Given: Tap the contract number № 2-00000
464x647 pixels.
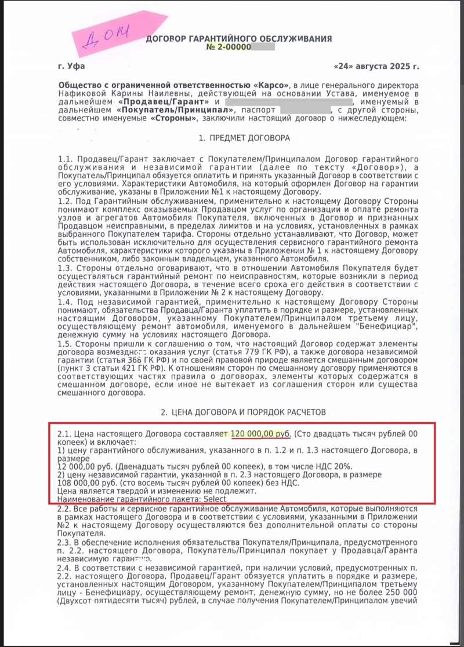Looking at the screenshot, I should pyautogui.click(x=228, y=46).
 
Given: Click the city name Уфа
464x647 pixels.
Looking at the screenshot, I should pyautogui.click(x=77, y=67).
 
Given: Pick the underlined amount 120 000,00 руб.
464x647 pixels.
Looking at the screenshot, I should pyautogui.click(x=263, y=433).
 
